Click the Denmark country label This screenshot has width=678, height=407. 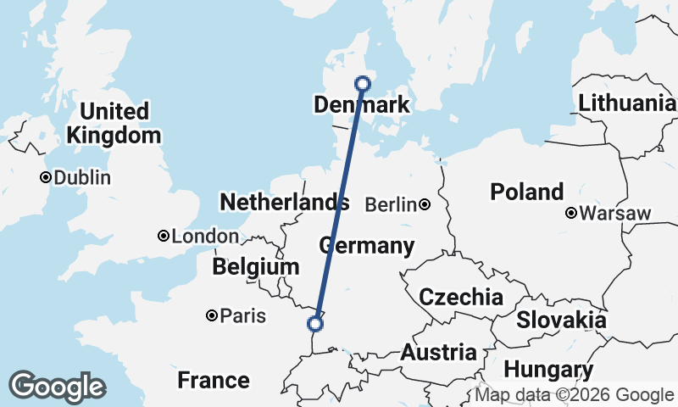point(361,105)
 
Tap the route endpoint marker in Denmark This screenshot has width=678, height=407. point(363,83)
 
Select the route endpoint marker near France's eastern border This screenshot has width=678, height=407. point(315,323)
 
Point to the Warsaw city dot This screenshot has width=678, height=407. point(572,213)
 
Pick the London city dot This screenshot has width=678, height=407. point(164,237)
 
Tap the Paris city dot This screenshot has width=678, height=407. point(212,316)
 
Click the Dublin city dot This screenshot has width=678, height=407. point(45,178)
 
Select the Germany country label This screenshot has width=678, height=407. point(366,247)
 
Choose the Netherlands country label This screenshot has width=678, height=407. point(284,203)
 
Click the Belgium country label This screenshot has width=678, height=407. point(255,267)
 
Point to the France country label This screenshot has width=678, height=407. point(214,380)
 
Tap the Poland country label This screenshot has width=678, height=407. point(526,192)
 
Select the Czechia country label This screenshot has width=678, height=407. point(461,298)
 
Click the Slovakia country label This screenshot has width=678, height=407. point(561,321)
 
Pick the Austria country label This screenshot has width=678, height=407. point(438,353)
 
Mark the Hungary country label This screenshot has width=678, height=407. point(547,371)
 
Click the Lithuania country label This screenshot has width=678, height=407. point(626,103)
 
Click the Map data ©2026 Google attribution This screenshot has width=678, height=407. point(574,395)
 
